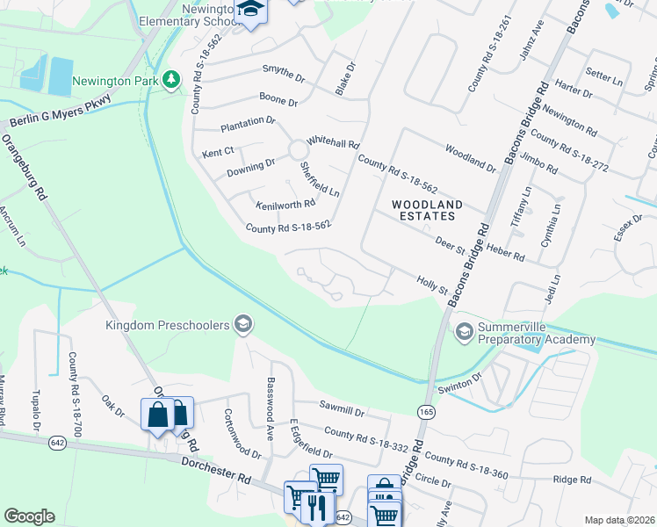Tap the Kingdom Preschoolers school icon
[x=243, y=325]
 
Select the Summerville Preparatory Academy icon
[x=463, y=332]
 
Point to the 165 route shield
[x=426, y=410]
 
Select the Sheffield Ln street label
[x=319, y=178]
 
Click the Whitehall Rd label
[x=333, y=143]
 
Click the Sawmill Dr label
[x=342, y=409]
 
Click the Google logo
[x=29, y=516]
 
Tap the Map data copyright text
[x=619, y=520]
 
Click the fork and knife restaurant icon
[x=317, y=509]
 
